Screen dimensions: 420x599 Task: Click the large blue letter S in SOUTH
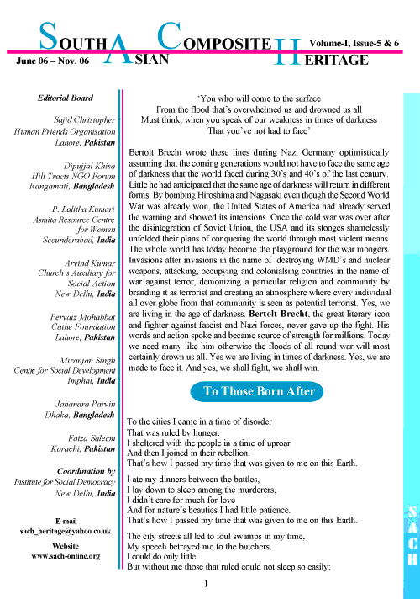48,36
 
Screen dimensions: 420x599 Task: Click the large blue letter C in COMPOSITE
170,36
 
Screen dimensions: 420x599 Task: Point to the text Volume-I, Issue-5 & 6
354,43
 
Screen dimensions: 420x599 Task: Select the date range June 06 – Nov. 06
53,61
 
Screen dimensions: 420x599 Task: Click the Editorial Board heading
66,98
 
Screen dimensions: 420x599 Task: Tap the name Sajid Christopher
84,120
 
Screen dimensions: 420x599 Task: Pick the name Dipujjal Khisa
89,167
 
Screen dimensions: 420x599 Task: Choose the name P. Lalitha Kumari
83,209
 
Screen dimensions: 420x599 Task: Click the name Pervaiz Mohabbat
82,317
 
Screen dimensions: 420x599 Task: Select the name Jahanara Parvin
85,404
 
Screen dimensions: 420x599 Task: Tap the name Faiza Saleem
92,438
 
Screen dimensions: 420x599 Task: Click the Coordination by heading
86,471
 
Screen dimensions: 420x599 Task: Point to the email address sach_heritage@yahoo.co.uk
66,532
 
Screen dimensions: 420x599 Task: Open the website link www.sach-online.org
66,556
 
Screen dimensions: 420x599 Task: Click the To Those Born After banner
257,391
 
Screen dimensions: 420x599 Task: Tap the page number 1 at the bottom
206,584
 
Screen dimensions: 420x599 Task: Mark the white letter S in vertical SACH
412,512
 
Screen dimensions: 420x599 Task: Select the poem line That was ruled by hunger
173,432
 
